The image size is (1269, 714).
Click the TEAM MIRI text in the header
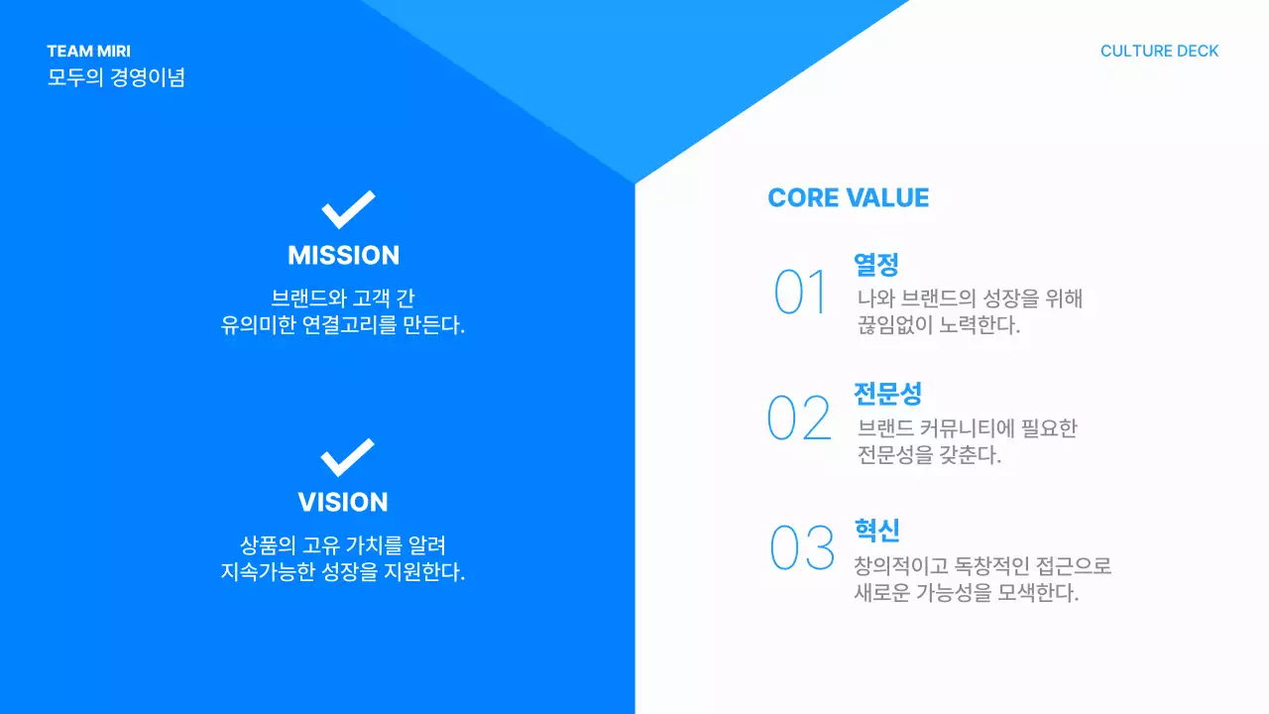tap(88, 52)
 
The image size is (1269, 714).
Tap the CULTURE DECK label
tap(1159, 52)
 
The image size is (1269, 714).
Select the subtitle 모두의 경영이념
tap(116, 77)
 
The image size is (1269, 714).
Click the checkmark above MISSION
tap(348, 210)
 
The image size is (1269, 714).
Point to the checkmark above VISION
tap(347, 457)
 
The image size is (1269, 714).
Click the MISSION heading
tap(343, 255)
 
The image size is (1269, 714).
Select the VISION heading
tap(343, 502)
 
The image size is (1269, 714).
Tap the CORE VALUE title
tap(848, 198)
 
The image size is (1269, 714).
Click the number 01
tap(800, 293)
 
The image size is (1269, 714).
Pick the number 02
tap(799, 418)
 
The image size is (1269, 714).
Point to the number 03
tap(802, 548)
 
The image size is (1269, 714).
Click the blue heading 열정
tap(876, 265)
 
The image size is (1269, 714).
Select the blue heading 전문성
tap(887, 393)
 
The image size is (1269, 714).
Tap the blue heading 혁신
tap(876, 530)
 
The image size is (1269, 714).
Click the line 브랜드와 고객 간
tap(343, 297)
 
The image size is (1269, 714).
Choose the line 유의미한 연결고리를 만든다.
tap(343, 325)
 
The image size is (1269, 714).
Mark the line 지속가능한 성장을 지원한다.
tap(343, 572)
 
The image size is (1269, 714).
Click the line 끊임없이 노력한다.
tap(938, 325)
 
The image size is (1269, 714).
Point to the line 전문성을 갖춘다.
tap(929, 455)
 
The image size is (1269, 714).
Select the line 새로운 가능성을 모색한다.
tap(966, 593)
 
